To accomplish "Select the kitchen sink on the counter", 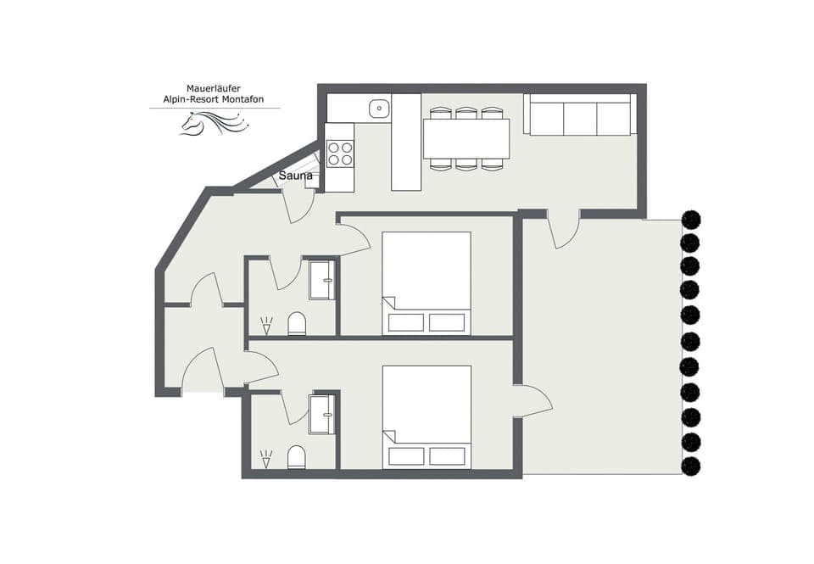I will pos(379,108).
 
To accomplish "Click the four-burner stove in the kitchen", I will pos(340,154).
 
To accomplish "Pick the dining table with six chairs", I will pos(466,138).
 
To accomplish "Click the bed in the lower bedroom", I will pos(427,416).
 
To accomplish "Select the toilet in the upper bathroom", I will pos(297,323).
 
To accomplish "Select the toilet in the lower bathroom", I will pos(296,457).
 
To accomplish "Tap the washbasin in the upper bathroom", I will pos(321,280).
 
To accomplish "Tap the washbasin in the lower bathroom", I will pos(321,414).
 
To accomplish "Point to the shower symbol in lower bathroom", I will pos(266,459).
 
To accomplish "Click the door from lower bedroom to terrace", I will pos(532,401).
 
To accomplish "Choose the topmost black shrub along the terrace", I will pos(691,220).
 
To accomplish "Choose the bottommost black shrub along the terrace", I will pos(691,466).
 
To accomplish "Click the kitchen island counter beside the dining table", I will pos(406,142).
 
